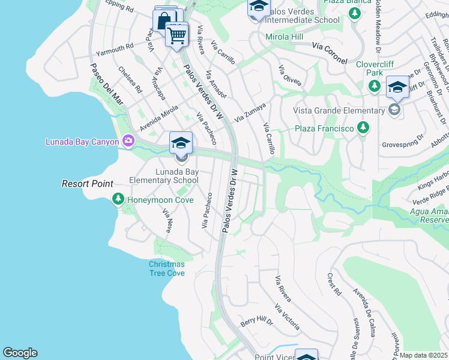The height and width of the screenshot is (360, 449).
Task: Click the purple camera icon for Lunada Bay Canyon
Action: (128, 142)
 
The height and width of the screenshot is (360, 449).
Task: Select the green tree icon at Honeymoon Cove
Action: (119, 199)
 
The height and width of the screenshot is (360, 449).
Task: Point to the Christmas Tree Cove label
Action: (166, 268)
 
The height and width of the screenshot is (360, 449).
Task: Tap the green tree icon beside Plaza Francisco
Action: (363, 128)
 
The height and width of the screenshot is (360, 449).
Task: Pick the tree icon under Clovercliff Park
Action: (374, 86)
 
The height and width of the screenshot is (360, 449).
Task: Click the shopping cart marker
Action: (176, 35)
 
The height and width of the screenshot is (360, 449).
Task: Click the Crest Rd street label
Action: (334, 284)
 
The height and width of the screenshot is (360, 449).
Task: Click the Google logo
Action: (20, 353)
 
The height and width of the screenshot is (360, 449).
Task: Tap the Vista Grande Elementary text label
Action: (339, 110)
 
